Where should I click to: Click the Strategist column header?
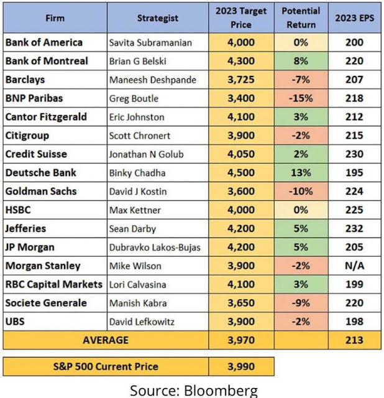(158, 18)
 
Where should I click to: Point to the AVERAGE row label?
(106, 340)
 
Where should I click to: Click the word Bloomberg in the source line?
(221, 389)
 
